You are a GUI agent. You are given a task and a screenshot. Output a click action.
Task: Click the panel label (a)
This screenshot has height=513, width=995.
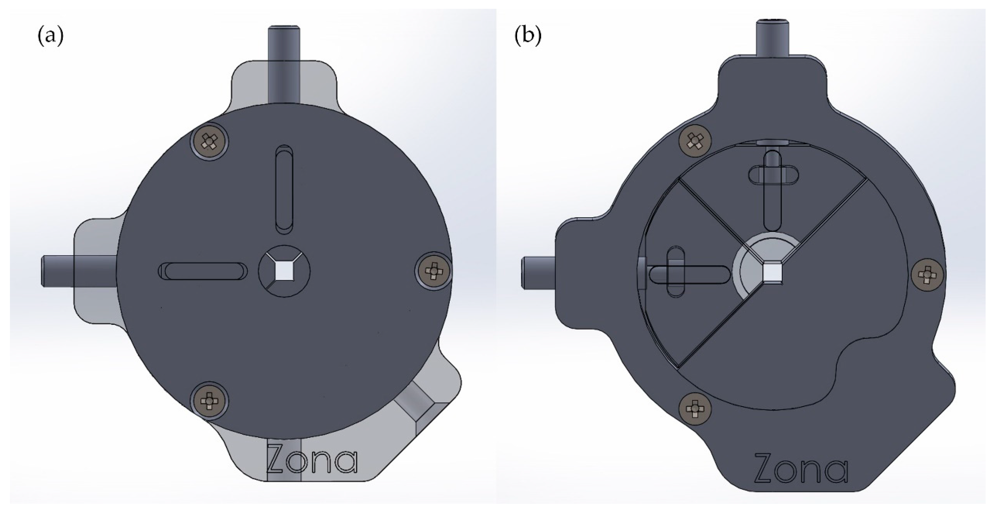50,37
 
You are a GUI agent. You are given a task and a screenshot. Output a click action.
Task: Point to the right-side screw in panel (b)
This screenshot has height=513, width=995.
927,275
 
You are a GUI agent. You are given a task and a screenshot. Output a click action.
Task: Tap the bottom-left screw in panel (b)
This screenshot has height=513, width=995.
695,408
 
